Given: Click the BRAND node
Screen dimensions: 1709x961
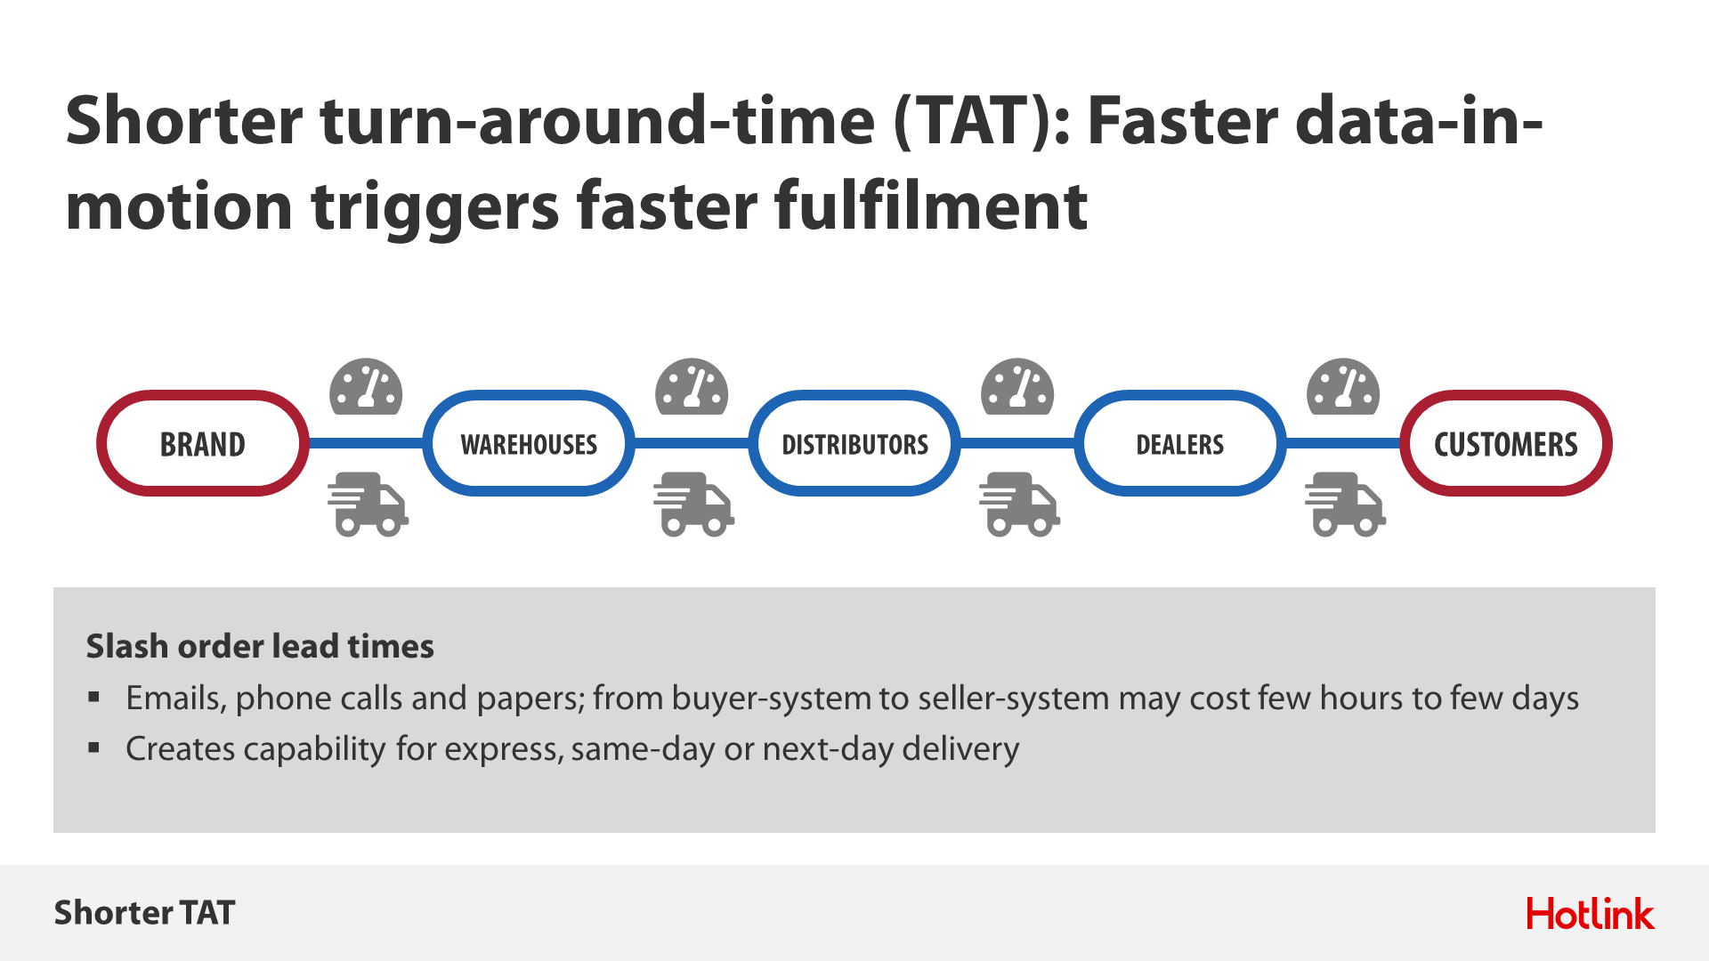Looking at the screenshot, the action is point(203,443).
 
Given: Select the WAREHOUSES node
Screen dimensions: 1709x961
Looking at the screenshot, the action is point(529,443).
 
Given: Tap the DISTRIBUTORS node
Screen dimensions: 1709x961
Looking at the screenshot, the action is point(854,443).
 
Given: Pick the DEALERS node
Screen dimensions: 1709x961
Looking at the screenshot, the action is point(1180,443).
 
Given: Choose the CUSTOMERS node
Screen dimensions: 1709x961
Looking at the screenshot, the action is point(1506,443).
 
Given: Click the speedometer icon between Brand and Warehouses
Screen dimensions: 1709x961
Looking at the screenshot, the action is point(366,387).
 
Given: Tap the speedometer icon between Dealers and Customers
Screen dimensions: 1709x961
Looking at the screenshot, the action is point(1343,387).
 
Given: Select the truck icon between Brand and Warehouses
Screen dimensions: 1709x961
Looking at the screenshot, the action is point(369,505).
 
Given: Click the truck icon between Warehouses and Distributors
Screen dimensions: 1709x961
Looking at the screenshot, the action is point(694,505).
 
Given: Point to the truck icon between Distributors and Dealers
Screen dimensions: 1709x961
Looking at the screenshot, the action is point(1020,505).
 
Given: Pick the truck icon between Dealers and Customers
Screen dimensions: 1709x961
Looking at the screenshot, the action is point(1346,505).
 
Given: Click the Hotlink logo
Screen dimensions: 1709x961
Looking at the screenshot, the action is point(1591,914).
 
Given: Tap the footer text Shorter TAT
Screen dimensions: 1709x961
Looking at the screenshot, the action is point(144,913).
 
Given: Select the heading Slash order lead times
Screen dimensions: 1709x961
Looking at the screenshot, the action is point(260,646).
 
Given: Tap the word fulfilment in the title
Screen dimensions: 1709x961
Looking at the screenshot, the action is point(930,206).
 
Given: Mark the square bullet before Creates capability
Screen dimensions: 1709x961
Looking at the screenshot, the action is point(94,748).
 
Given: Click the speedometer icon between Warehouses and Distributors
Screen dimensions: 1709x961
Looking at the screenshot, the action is point(692,387).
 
